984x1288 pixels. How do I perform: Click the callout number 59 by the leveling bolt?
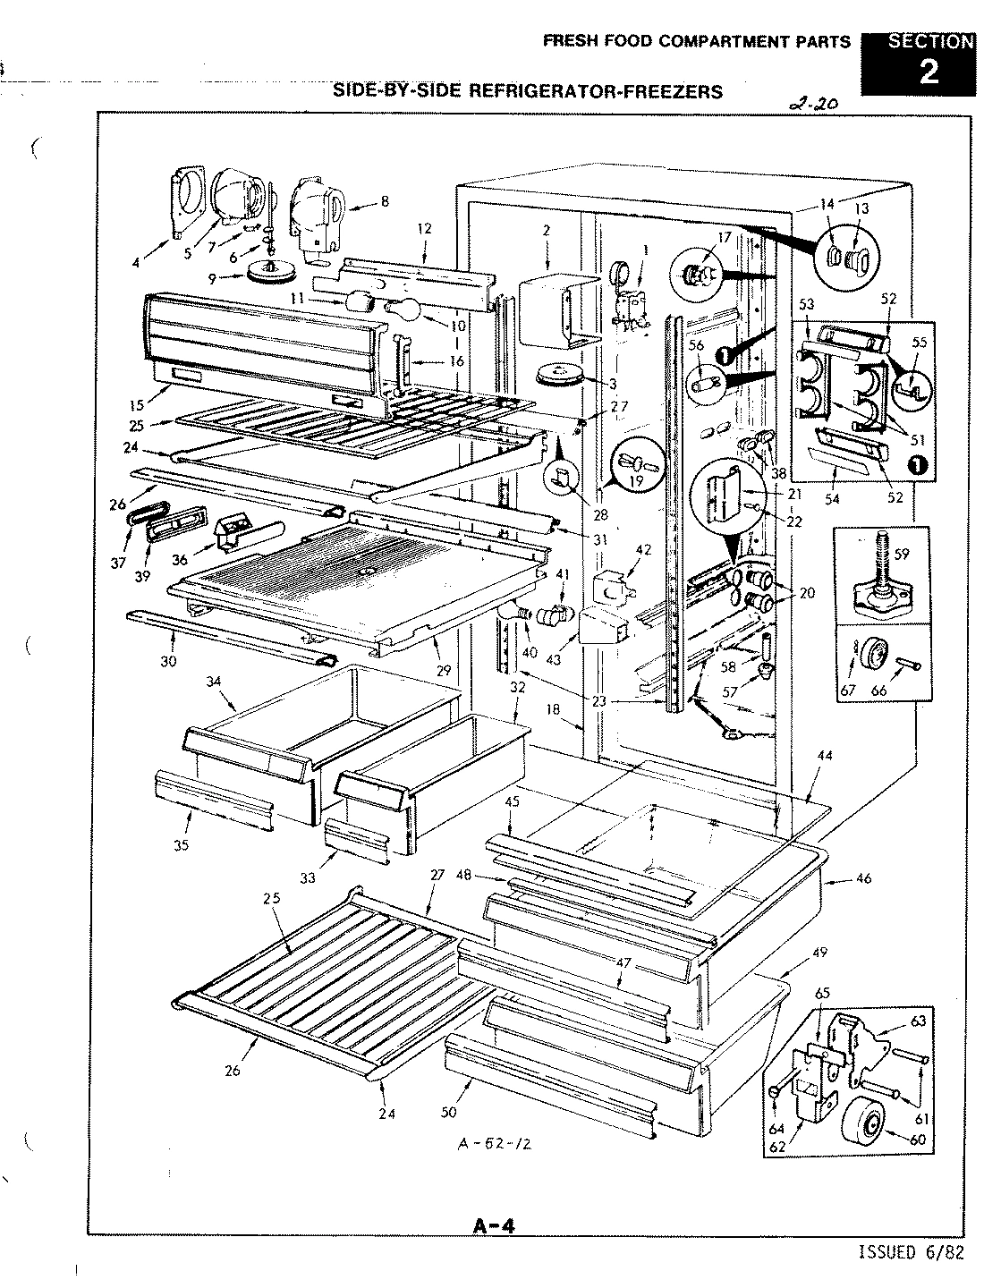tap(902, 554)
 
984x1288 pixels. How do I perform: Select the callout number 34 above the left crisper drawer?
tap(213, 682)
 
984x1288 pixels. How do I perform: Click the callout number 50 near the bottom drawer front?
tap(448, 1112)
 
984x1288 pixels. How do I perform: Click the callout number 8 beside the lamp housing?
tap(385, 201)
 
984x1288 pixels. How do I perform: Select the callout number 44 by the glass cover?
tap(825, 756)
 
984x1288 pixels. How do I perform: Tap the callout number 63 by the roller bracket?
tap(919, 1020)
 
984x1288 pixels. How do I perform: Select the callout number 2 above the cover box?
tap(545, 230)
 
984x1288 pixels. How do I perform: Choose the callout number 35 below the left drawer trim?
tap(182, 844)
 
